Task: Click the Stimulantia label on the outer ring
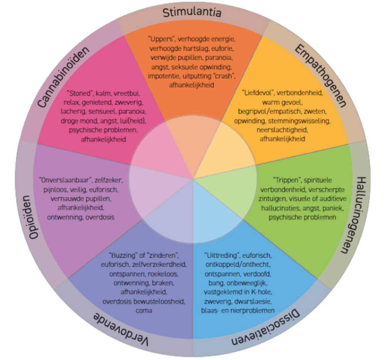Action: coord(192,13)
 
